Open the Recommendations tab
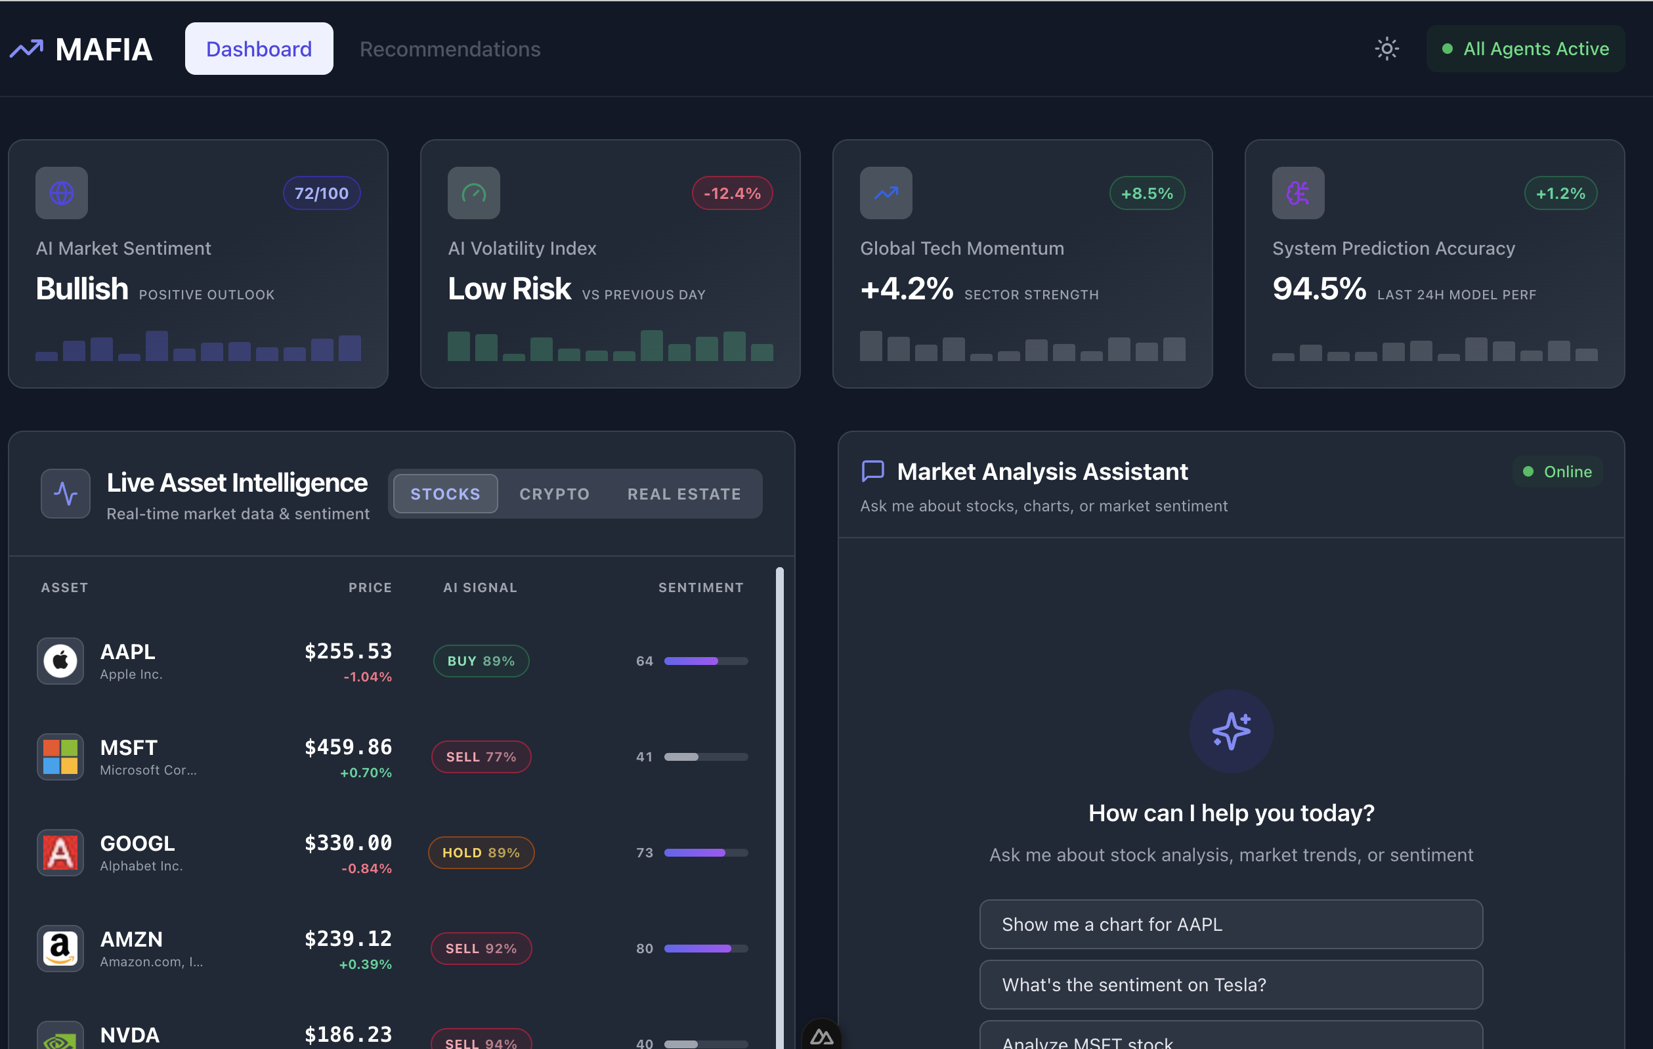coord(450,49)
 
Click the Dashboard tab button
coord(259,49)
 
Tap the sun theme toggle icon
coord(1386,49)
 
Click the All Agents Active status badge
coord(1526,49)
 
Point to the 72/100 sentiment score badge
coord(321,194)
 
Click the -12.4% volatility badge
coord(732,194)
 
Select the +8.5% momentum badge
coord(1146,194)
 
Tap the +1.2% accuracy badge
coord(1560,194)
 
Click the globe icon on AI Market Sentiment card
coord(62,193)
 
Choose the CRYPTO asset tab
coord(554,494)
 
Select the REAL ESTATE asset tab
coord(683,494)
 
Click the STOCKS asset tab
coord(446,494)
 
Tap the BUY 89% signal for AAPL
coord(481,660)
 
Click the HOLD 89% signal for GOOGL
coord(481,852)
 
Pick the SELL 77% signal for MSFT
coord(481,756)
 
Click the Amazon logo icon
coord(60,948)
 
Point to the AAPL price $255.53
coord(348,651)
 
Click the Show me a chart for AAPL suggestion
coord(1230,924)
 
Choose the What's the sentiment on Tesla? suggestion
coord(1230,985)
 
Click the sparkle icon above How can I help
coord(1231,731)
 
